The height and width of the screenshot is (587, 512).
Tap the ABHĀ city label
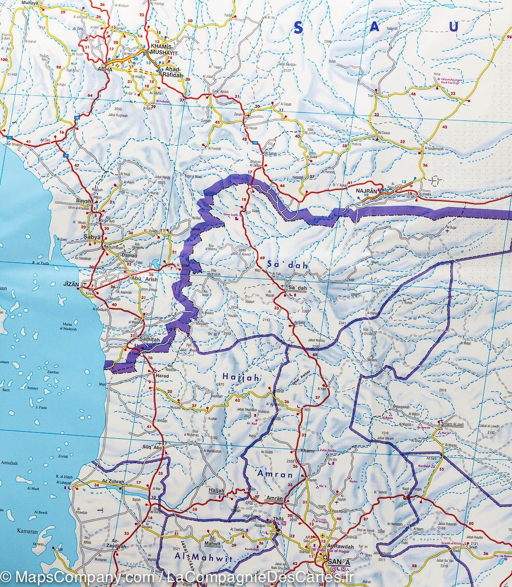pos(105,69)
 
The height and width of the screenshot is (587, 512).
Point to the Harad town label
pos(161,375)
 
